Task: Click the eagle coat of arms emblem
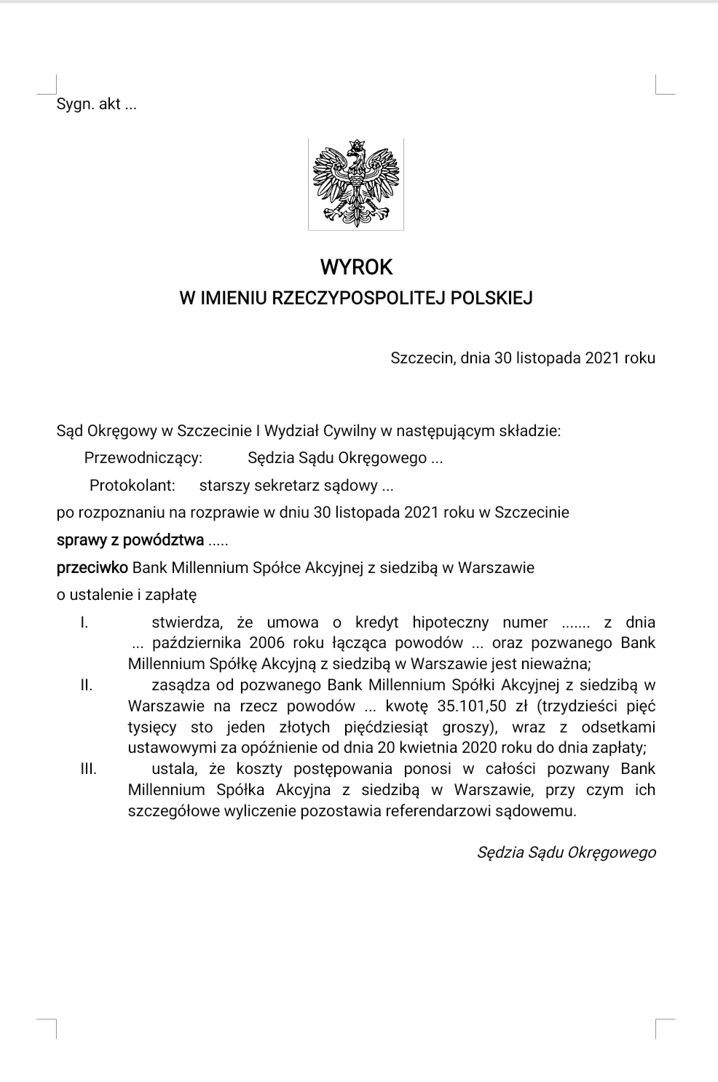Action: tap(356, 184)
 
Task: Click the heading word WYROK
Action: tap(356, 267)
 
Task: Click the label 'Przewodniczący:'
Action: tap(143, 458)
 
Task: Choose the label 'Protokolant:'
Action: tap(133, 485)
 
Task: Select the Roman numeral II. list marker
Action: tap(86, 685)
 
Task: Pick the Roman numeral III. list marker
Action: tap(88, 769)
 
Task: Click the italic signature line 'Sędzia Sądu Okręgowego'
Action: tap(566, 852)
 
